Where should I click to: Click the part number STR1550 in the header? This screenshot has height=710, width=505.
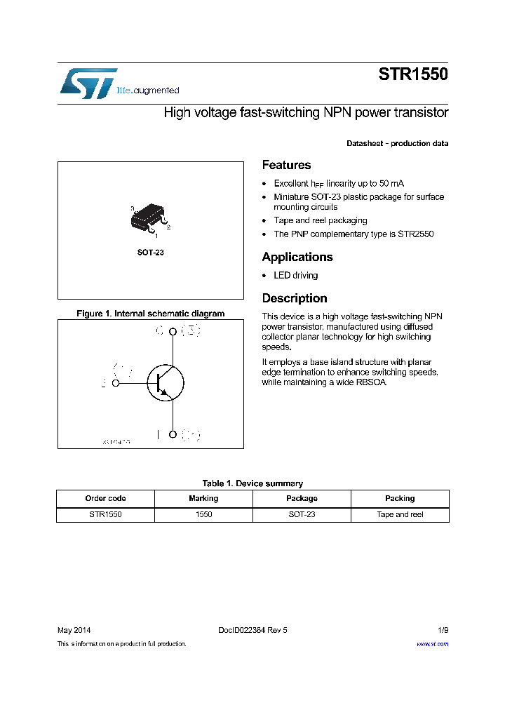(x=413, y=75)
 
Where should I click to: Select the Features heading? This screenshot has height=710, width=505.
(x=286, y=165)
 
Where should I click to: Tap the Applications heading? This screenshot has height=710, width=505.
(x=297, y=257)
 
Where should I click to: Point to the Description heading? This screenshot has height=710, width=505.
(x=295, y=298)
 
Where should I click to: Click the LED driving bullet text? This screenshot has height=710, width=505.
(x=295, y=276)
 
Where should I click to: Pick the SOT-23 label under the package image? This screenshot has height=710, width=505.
(x=150, y=252)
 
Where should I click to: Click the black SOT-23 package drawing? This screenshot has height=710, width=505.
(x=149, y=218)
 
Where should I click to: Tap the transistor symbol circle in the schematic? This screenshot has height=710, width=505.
(x=166, y=383)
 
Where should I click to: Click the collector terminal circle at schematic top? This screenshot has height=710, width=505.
(x=173, y=330)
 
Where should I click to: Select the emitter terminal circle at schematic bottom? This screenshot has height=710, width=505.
(x=173, y=435)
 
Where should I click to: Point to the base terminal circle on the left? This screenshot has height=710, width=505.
(x=116, y=383)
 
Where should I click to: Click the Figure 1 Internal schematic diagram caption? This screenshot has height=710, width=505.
(x=150, y=314)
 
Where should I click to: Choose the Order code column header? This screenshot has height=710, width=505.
(x=105, y=498)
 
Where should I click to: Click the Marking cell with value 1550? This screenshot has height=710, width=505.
(x=203, y=514)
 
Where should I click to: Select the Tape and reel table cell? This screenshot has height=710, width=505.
(x=400, y=514)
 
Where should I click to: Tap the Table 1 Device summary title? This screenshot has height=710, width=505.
(x=252, y=483)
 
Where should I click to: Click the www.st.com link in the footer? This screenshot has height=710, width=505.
(x=432, y=643)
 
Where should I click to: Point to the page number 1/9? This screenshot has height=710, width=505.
(x=442, y=630)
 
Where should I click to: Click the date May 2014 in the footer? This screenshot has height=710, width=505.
(x=74, y=630)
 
